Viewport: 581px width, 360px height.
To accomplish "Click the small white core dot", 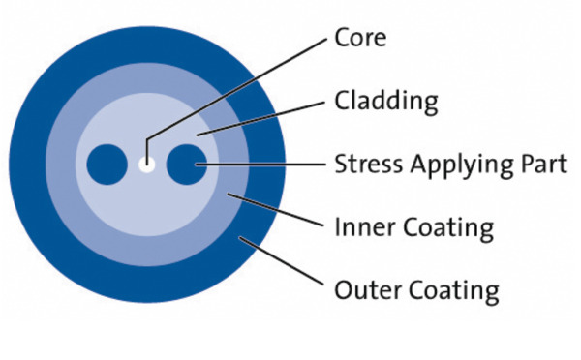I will [x=146, y=165].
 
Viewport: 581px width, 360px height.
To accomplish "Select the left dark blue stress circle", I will [x=107, y=165].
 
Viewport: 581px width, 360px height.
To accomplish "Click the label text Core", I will [x=360, y=39].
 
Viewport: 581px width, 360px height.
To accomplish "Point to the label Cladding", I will [x=385, y=101].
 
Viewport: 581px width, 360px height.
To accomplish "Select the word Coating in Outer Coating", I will [x=451, y=289].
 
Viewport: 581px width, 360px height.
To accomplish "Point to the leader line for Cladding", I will [x=261, y=116].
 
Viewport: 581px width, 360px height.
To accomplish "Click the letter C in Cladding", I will [x=341, y=101].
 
